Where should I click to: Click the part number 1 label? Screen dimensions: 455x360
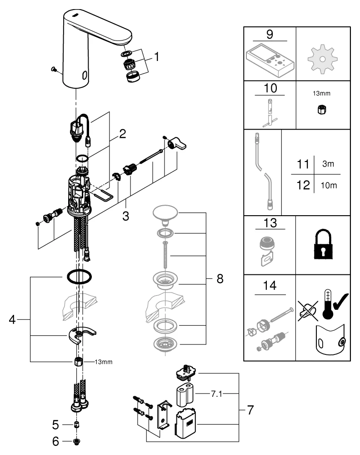pyautogui.click(x=156, y=57)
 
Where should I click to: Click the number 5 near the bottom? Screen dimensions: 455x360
pyautogui.click(x=55, y=425)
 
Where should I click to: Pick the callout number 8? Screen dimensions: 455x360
pyautogui.click(x=220, y=279)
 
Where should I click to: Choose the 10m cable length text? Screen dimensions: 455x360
pyautogui.click(x=327, y=186)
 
